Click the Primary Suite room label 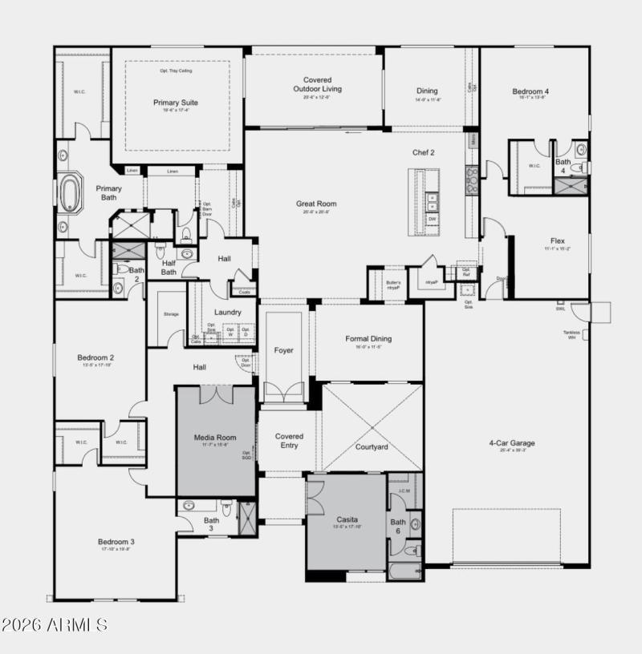tap(176, 103)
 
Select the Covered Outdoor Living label tap(313, 84)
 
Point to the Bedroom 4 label tap(530, 91)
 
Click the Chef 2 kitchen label tap(424, 152)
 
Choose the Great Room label tap(316, 204)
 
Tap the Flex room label tap(557, 240)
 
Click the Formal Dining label tap(368, 338)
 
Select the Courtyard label tap(372, 446)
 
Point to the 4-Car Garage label tap(511, 442)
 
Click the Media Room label tap(215, 438)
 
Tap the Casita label tap(347, 519)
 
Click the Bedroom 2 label tap(95, 357)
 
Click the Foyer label tap(283, 350)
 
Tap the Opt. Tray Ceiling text tap(176, 71)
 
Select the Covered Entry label tap(289, 441)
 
